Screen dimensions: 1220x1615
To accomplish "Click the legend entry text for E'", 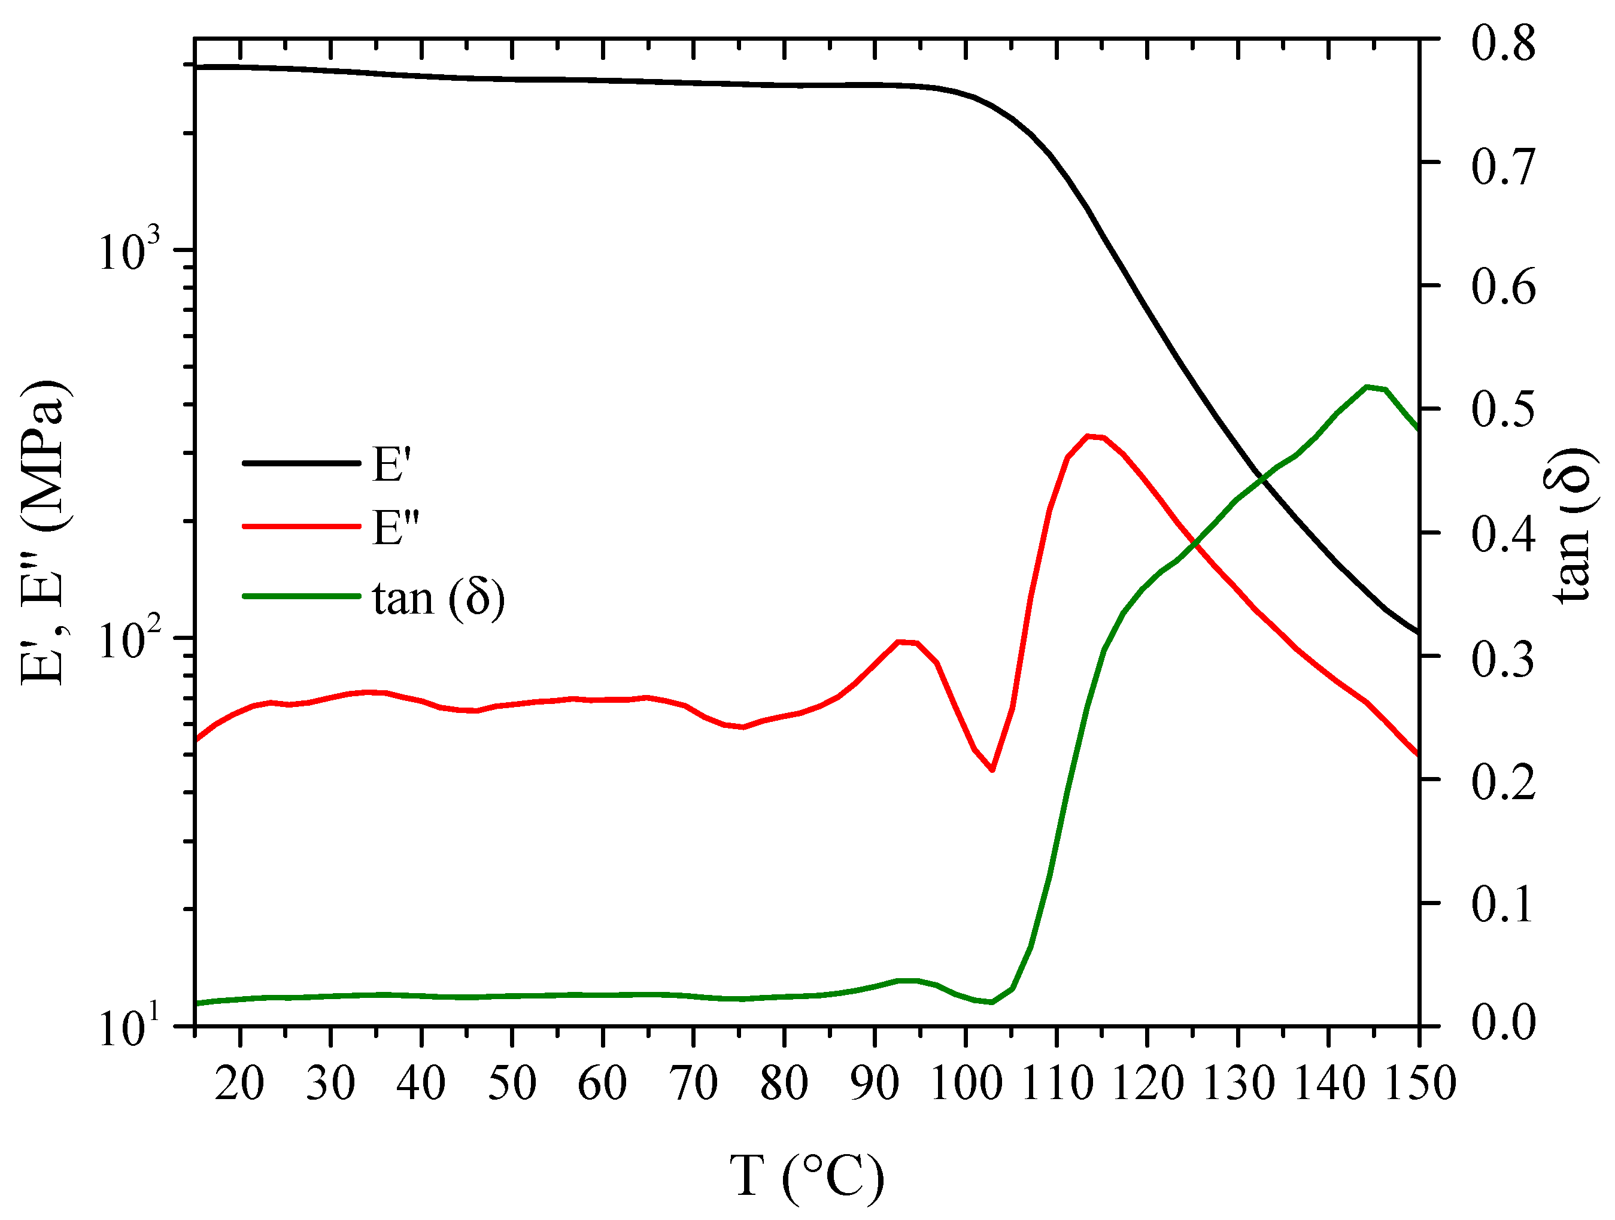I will tap(392, 465).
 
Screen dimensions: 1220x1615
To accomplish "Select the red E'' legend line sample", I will tap(301, 526).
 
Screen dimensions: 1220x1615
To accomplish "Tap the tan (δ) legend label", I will tap(439, 599).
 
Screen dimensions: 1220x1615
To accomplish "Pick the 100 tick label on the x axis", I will tap(966, 1084).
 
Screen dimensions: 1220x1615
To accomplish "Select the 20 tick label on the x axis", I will tap(239, 1084).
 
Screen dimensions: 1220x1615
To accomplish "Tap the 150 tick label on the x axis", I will tap(1419, 1084).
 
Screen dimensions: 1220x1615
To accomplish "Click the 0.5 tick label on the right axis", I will tap(1502, 409).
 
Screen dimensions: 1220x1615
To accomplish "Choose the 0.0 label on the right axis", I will tap(1502, 1024).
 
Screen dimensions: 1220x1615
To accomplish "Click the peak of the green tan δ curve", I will tap(1367, 386).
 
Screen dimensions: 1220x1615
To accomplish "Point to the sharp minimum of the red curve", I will tap(992, 769).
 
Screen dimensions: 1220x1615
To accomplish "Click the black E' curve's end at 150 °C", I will tap(1417, 632).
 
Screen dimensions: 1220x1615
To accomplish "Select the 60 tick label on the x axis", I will tap(602, 1084).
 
